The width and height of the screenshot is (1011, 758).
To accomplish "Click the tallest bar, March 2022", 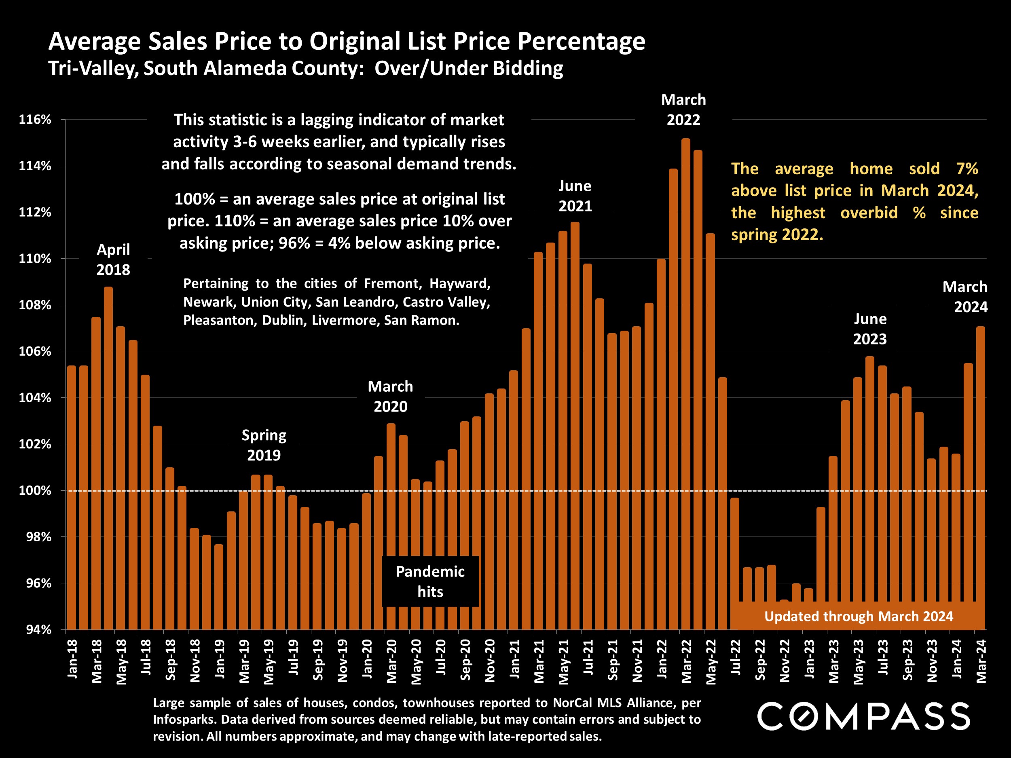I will click(x=685, y=384).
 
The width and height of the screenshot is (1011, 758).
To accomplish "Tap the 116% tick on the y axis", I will click(x=35, y=120).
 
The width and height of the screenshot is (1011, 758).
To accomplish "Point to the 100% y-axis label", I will click(x=35, y=491).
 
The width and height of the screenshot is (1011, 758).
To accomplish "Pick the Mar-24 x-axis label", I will click(x=981, y=661).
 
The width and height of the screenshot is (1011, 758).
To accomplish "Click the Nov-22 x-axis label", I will click(x=784, y=661).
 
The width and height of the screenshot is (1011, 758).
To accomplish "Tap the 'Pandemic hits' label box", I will click(x=430, y=581).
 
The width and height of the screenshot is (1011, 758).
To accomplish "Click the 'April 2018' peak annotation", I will click(x=113, y=260).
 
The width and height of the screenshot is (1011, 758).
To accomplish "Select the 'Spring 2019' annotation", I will click(x=264, y=445).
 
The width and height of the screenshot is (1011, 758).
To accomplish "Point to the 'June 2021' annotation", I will click(x=575, y=196).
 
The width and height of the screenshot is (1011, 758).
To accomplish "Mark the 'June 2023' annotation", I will click(x=870, y=329).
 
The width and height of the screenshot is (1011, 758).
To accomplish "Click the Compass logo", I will click(x=863, y=716).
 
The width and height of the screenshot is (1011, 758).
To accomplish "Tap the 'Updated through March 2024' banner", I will click(x=859, y=617).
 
